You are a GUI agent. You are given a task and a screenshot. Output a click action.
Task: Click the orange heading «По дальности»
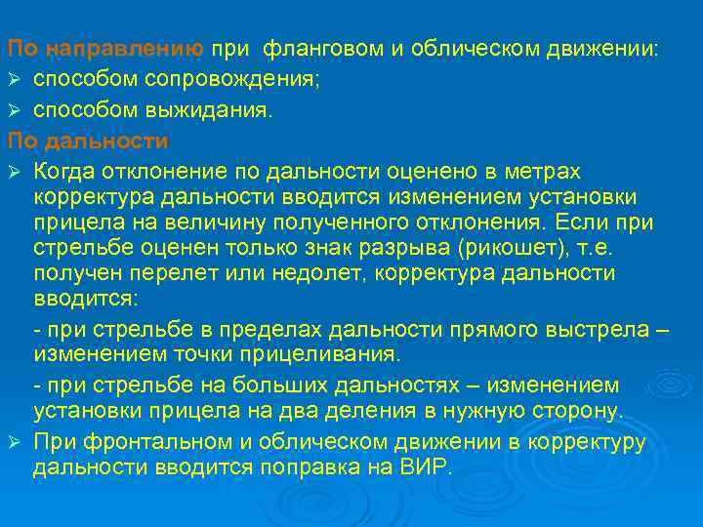[x=88, y=142]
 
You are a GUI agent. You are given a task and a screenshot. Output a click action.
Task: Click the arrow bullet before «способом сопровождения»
[x=14, y=79]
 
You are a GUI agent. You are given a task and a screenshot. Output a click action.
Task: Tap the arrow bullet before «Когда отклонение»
[x=14, y=173]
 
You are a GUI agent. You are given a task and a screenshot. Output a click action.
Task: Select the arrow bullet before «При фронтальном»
[x=14, y=442]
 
